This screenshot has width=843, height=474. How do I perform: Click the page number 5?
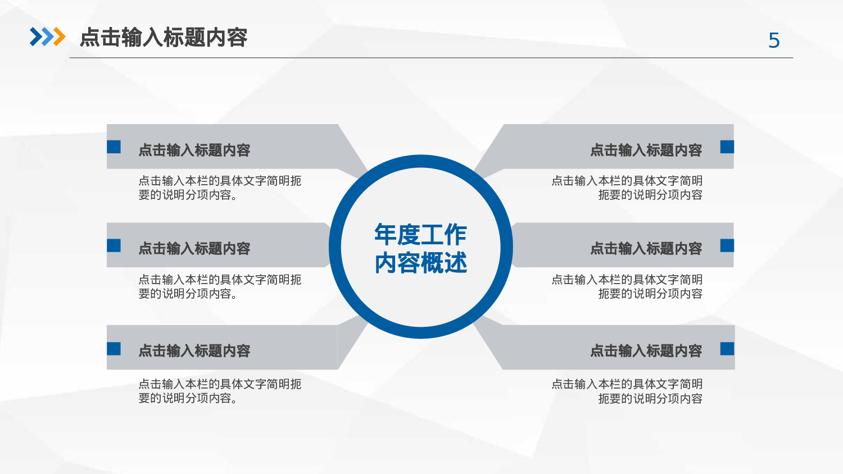(774, 40)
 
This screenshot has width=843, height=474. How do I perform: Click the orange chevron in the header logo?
(58, 37)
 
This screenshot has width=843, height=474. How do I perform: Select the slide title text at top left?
(164, 38)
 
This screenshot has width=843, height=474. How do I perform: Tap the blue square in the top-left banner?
(114, 147)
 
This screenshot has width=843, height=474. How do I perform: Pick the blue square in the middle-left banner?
(114, 245)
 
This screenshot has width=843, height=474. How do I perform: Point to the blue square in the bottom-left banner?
(114, 349)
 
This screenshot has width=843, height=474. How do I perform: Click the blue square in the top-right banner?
(727, 147)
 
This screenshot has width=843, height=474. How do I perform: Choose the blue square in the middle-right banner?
(727, 245)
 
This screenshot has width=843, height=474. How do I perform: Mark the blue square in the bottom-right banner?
(727, 349)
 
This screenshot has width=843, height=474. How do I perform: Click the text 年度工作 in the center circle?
(420, 235)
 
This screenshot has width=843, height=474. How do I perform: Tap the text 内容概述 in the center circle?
(420, 263)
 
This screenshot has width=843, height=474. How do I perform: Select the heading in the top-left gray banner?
(194, 150)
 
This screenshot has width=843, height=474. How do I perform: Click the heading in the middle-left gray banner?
(194, 248)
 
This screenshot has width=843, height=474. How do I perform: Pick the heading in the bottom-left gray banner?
(194, 351)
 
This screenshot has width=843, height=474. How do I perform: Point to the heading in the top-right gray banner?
(646, 150)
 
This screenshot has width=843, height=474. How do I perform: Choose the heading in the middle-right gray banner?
(646, 248)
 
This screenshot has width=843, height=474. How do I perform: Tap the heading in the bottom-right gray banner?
(646, 351)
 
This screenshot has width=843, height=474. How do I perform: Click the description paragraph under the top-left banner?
(220, 188)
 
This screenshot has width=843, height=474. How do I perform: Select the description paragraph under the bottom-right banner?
(627, 391)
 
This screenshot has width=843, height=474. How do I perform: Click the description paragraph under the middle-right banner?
(627, 286)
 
